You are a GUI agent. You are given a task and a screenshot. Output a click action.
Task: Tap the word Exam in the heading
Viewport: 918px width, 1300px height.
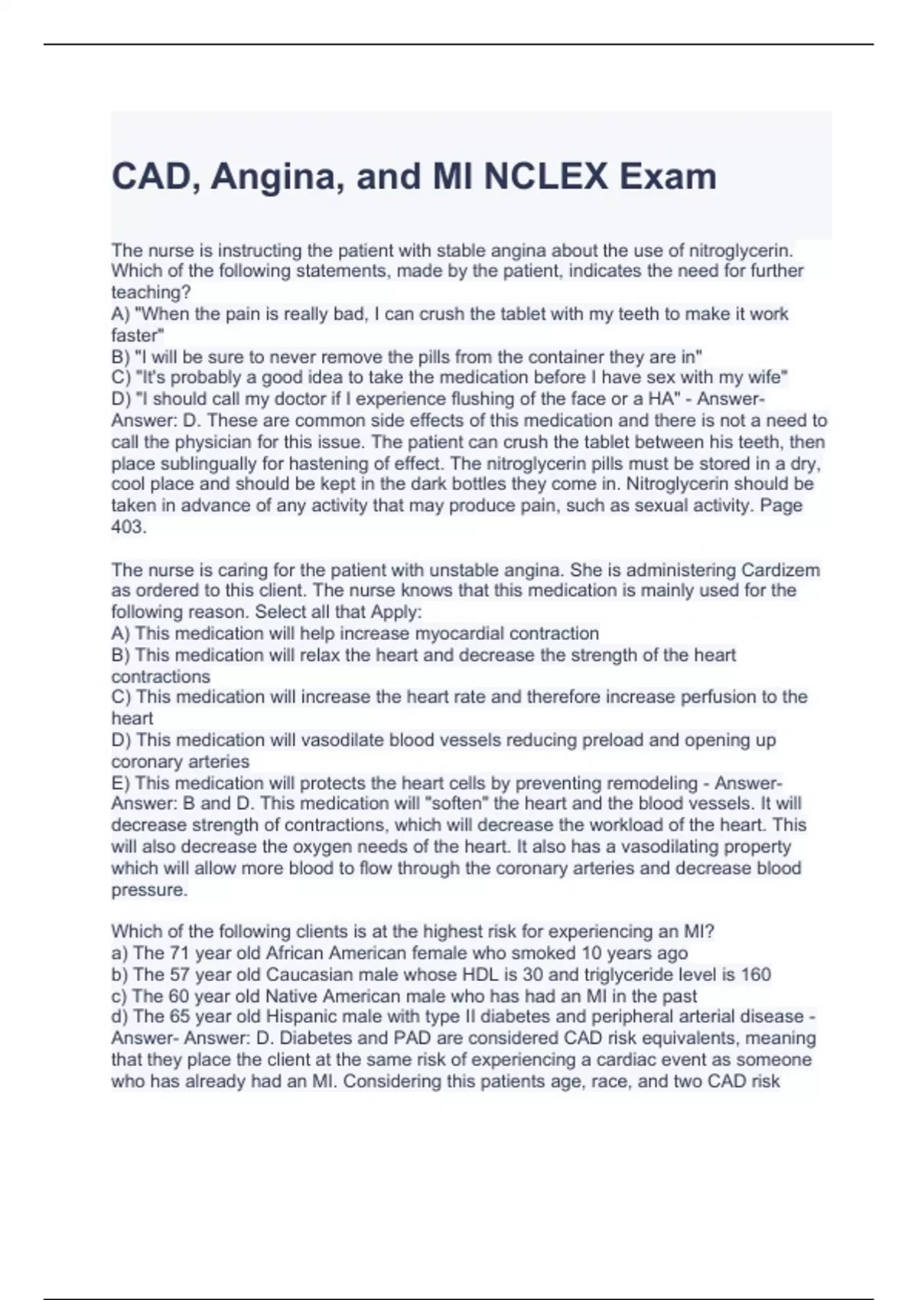point(668,177)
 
